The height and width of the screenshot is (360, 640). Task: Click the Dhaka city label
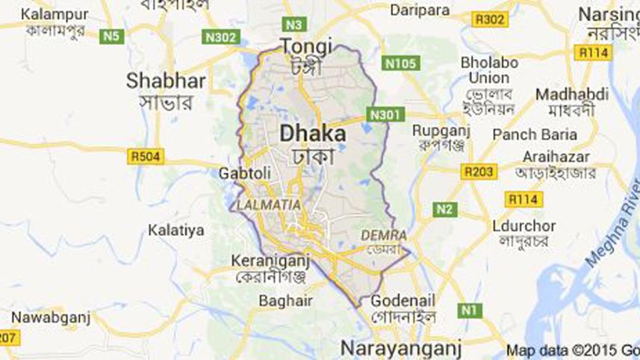[313, 134]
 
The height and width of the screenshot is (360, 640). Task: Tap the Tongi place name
[305, 47]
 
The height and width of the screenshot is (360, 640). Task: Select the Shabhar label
[160, 80]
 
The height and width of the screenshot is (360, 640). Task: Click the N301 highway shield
[386, 114]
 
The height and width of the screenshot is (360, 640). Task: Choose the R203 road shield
[478, 173]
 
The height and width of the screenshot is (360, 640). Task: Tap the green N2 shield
[445, 210]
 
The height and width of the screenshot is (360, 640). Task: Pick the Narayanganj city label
[400, 348]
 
